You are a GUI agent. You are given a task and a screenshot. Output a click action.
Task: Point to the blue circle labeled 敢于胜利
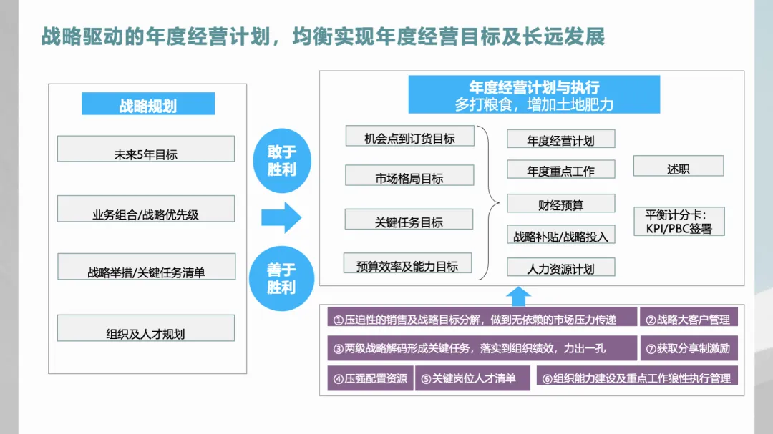[281, 161]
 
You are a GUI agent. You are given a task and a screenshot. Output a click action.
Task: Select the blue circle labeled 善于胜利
[281, 277]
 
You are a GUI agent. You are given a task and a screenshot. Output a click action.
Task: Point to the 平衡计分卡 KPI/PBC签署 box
[679, 222]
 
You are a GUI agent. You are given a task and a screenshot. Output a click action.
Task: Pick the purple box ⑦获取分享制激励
[689, 347]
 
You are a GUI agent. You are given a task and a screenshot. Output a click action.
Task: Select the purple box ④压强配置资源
[370, 378]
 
